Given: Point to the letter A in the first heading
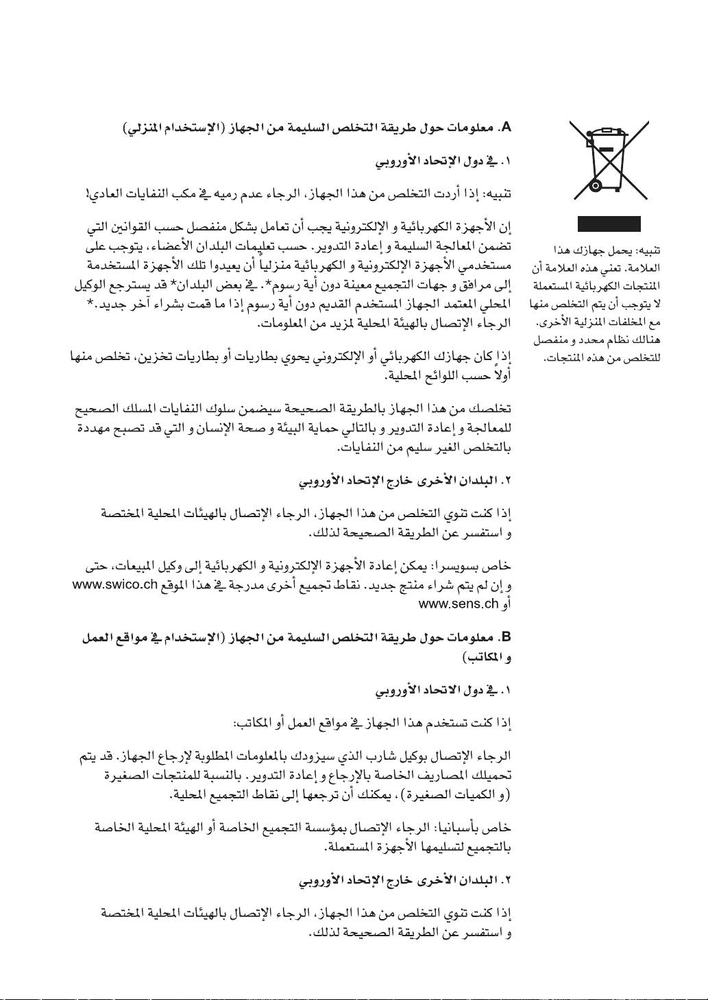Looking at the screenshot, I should coord(506,128).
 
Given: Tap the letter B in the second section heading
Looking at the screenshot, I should coord(506,637).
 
